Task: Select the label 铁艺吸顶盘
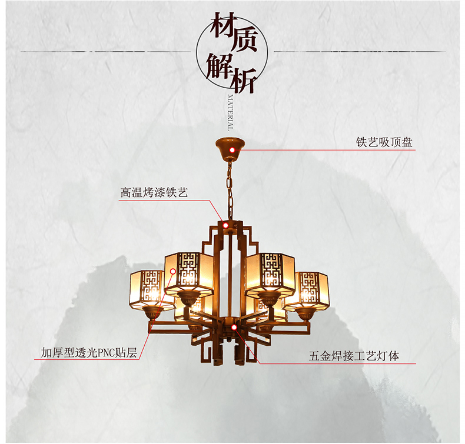pyautogui.click(x=384, y=142)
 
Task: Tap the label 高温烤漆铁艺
pyautogui.click(x=154, y=192)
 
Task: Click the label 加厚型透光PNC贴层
pyautogui.click(x=89, y=353)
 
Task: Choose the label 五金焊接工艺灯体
pyautogui.click(x=354, y=356)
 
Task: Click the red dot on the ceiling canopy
pyautogui.click(x=232, y=151)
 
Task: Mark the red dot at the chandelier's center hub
pyautogui.click(x=234, y=326)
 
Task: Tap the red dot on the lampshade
pyautogui.click(x=173, y=271)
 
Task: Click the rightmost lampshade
pyautogui.click(x=307, y=289)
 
